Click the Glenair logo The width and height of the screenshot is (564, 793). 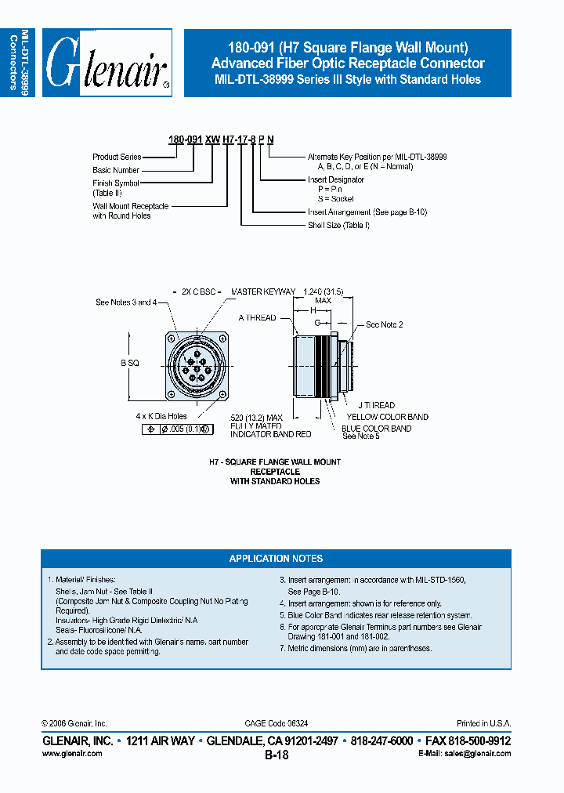107,63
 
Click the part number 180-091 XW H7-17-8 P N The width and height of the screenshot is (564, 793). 221,139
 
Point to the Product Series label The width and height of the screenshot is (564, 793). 117,157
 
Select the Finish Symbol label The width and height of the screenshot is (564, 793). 114,183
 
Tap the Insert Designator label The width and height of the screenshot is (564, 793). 335,179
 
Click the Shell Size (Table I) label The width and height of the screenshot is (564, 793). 338,225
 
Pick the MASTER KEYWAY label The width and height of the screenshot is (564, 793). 263,292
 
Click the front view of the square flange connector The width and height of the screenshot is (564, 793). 196,363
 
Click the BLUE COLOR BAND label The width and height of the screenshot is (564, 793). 376,429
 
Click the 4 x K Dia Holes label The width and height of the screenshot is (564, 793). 161,416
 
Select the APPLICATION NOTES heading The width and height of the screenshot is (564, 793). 276,559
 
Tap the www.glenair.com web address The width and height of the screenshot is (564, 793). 71,753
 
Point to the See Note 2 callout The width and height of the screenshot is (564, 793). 385,324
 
